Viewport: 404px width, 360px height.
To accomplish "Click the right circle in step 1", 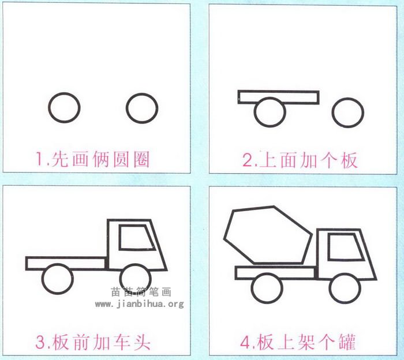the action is (126, 108).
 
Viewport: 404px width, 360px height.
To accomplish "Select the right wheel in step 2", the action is (332, 112).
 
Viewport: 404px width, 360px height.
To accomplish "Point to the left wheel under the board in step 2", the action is (255, 112).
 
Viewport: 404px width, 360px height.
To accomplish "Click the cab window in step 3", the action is (120, 237).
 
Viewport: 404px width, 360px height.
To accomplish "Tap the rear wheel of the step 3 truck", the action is (43, 279).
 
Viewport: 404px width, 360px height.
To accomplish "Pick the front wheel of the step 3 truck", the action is (120, 279).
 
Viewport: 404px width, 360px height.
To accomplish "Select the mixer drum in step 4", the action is (268, 235).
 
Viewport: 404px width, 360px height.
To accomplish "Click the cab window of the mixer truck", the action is (329, 246).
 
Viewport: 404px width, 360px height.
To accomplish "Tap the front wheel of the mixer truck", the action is (330, 288).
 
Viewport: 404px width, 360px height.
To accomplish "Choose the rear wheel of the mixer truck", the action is (252, 288).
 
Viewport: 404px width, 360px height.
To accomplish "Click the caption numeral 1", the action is (40, 159).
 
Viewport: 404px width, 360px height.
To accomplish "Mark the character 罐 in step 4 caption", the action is (347, 342).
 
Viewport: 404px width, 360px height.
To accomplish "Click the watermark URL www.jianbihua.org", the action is (140, 304).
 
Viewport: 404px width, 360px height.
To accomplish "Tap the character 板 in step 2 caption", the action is (349, 160).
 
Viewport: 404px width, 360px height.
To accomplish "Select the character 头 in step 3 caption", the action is (141, 342).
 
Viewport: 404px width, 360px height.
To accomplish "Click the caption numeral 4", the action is (245, 342).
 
